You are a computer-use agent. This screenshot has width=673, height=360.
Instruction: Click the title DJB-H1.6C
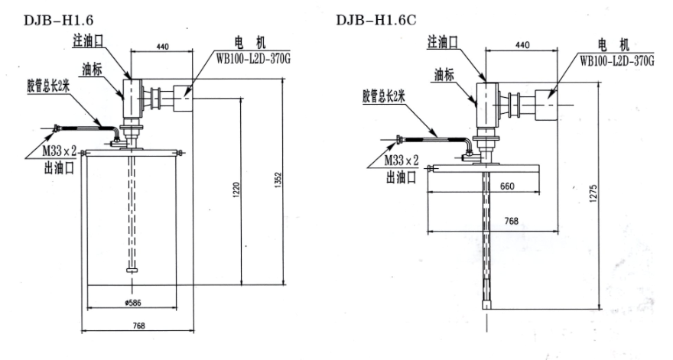[x=376, y=20]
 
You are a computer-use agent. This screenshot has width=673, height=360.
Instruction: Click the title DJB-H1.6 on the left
[x=58, y=20]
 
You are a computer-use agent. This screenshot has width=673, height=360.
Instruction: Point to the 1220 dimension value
[x=236, y=190]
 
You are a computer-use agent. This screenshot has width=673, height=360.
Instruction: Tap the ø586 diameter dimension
[x=132, y=303]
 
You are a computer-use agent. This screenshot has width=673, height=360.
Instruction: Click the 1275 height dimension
[x=593, y=194]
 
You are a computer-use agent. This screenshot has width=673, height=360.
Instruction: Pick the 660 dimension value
[x=507, y=186]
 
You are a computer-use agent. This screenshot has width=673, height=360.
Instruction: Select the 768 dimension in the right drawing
[x=511, y=221]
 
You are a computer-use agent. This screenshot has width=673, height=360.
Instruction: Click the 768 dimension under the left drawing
[x=138, y=326]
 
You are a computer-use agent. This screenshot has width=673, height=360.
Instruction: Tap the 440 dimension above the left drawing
[x=162, y=47]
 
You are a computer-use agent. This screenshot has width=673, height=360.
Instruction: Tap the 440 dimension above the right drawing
[x=522, y=45]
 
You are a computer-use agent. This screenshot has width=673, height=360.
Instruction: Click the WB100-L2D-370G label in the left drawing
[x=253, y=58]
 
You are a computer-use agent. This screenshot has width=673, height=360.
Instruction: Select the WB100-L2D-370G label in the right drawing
[x=616, y=60]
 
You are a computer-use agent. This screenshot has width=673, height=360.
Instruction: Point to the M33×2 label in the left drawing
[x=59, y=151]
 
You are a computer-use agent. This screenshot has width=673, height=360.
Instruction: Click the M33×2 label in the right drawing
[x=401, y=161]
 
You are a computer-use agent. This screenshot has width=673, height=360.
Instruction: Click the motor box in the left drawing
[x=183, y=99]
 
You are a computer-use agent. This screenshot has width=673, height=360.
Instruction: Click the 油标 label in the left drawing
[x=93, y=69]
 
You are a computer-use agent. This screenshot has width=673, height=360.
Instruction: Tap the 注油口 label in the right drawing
[x=443, y=42]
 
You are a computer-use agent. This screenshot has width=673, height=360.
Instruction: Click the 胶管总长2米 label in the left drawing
[x=48, y=87]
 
